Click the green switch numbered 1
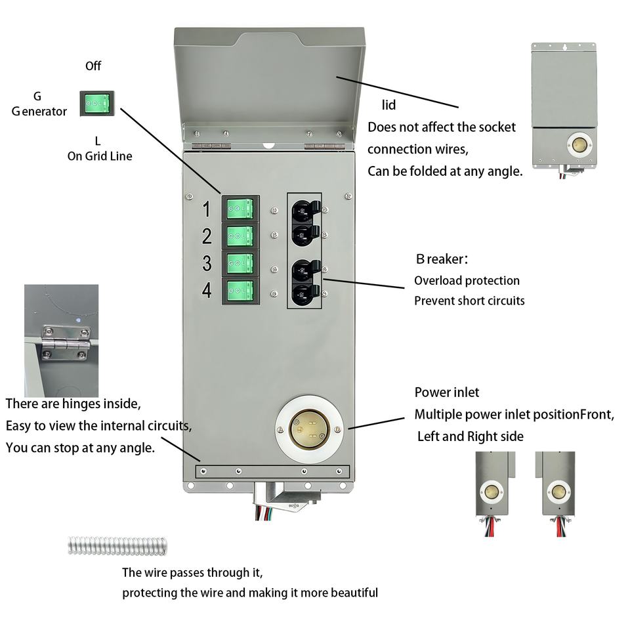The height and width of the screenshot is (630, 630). pos(240,209)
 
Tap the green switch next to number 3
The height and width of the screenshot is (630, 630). pos(240,264)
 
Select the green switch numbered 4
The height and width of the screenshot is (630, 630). pos(240,291)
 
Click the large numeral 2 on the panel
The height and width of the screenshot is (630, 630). pos(207,236)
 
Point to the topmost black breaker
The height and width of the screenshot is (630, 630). pos(304,209)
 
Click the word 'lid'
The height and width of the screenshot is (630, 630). pos(388,105)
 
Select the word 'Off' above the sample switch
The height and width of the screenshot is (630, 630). pos(93,66)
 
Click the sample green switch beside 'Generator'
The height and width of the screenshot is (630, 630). pos(98,104)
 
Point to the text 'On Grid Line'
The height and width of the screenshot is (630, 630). pos(100,156)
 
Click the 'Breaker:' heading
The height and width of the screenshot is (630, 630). pos(441,259)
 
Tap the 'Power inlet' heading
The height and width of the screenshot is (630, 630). pos(447,392)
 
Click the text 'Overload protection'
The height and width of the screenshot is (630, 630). pos(467,281)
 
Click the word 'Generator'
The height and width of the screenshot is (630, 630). pos(39,112)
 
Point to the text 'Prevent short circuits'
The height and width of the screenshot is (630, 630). pos(469,301)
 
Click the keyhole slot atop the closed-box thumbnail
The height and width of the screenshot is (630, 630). pos(564,47)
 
